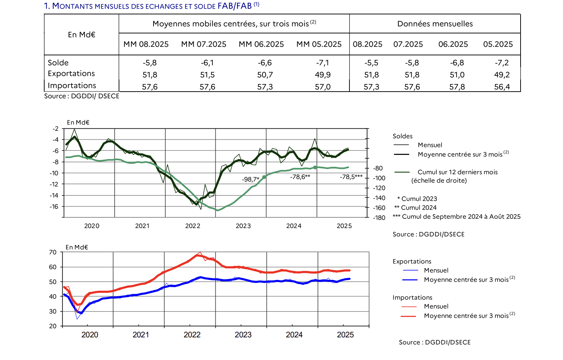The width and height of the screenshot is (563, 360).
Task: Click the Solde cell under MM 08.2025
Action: tap(150, 63)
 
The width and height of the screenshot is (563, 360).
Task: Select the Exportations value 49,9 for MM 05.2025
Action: tap(322, 75)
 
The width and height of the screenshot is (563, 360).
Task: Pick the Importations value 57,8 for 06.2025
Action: tap(457, 87)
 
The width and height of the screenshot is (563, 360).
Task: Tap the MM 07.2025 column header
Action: tap(203, 44)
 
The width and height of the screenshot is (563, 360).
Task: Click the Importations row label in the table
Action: tap(72, 86)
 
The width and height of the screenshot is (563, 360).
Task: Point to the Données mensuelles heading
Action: tap(435, 24)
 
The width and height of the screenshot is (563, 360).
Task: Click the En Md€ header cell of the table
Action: tap(82, 34)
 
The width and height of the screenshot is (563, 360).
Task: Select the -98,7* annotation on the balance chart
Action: tap(251, 179)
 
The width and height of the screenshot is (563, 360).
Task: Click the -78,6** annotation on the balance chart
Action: tap(300, 177)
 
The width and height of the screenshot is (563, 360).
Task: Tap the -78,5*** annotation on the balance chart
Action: tap(351, 177)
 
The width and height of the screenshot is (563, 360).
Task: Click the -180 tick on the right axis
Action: tap(379, 218)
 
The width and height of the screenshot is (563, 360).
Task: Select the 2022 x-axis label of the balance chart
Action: tap(193, 226)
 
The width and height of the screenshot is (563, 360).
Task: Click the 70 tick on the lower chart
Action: tap(53, 252)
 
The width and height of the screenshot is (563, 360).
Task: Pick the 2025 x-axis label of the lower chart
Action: tap(345, 335)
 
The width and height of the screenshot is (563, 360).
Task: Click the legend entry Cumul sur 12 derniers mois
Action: tap(457, 172)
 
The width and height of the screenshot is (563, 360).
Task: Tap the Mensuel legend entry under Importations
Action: tap(436, 306)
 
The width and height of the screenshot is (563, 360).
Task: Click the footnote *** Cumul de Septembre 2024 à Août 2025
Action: tap(457, 217)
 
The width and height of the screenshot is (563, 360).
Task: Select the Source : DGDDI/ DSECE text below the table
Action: tap(82, 96)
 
